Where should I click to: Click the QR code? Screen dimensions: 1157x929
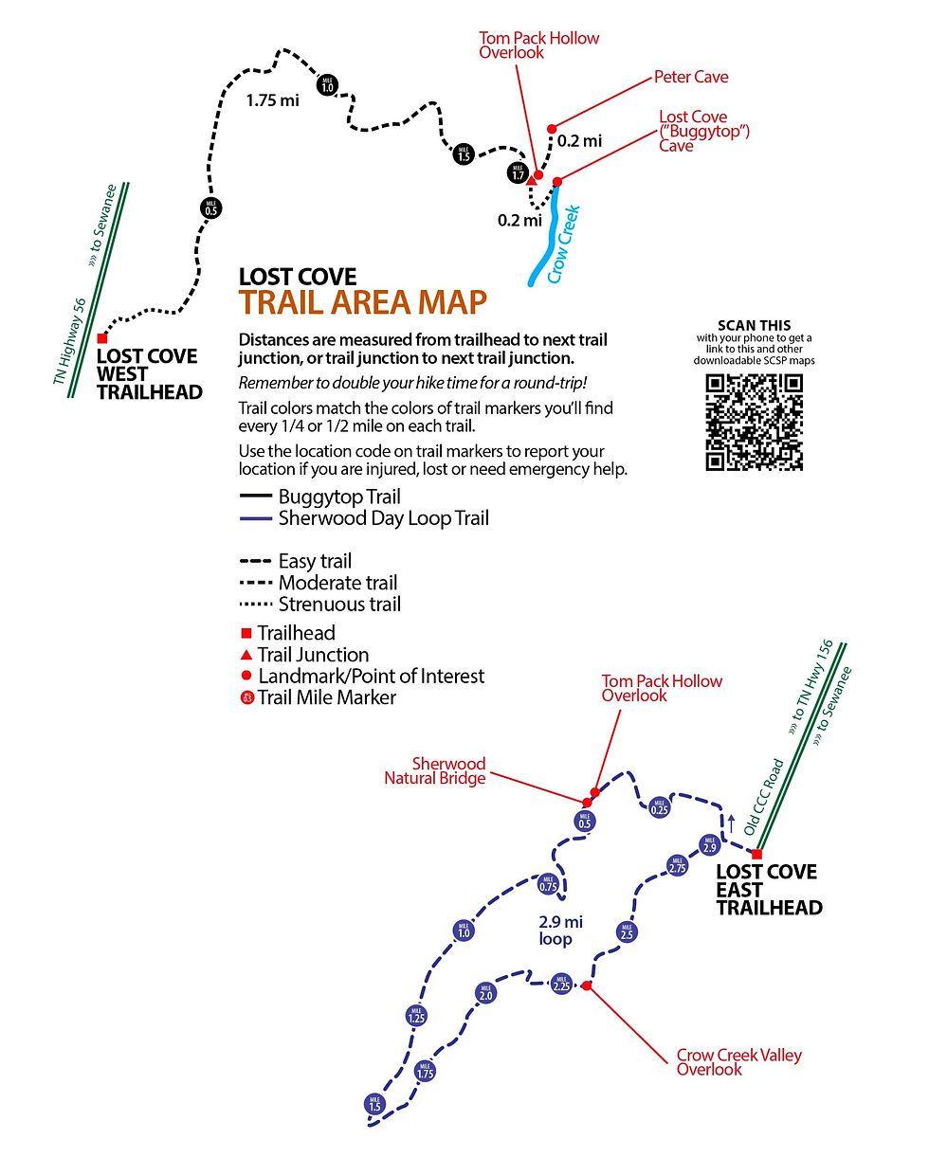(754, 422)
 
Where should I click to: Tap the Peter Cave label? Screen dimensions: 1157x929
(691, 76)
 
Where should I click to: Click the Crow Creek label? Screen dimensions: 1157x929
(562, 244)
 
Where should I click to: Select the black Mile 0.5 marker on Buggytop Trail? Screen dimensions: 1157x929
(210, 209)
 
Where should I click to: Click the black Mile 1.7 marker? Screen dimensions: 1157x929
(517, 173)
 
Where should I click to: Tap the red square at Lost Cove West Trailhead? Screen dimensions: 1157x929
(102, 338)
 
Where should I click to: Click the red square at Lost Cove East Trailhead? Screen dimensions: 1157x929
(756, 854)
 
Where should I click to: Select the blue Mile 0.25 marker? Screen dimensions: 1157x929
(660, 808)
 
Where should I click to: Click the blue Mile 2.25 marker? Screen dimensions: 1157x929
(560, 984)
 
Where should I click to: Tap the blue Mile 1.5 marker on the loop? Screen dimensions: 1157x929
(374, 1104)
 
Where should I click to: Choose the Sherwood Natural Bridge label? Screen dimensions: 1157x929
(435, 770)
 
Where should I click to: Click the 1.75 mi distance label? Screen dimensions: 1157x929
(272, 99)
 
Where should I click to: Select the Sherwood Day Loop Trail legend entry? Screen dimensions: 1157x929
(383, 518)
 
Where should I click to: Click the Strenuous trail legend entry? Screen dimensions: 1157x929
(338, 605)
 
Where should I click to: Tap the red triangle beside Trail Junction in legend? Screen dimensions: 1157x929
(246, 655)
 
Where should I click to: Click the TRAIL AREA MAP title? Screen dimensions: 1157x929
(363, 301)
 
